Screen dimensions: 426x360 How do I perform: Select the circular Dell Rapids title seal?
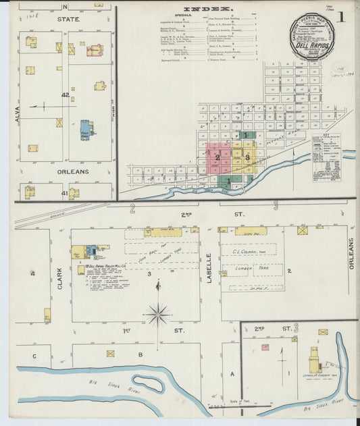pyautogui.click(x=311, y=37)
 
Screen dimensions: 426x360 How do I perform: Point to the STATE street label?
pyautogui.click(x=67, y=20)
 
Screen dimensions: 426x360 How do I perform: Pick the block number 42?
pyautogui.click(x=65, y=96)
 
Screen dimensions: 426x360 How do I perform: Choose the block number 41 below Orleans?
pyautogui.click(x=65, y=194)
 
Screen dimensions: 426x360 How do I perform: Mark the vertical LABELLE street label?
pyautogui.click(x=210, y=268)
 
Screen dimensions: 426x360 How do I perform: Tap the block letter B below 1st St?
pyautogui.click(x=140, y=353)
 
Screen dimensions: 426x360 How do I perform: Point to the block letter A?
pyautogui.click(x=232, y=373)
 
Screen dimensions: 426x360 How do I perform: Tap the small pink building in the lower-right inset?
pyautogui.click(x=265, y=347)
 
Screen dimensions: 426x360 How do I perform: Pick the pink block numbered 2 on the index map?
pyautogui.click(x=217, y=158)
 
